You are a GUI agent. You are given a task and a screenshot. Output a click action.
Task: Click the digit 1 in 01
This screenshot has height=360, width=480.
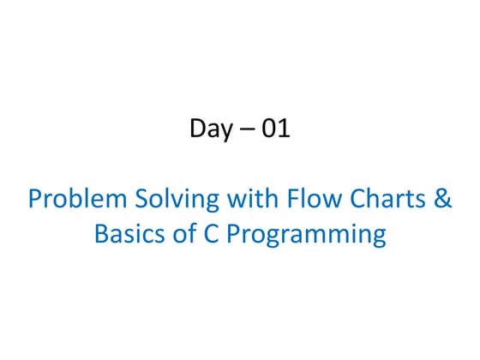[x=284, y=129]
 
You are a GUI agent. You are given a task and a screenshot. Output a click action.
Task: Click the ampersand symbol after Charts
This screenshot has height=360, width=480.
[x=442, y=199]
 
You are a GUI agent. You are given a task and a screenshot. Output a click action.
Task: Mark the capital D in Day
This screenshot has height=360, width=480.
[x=196, y=129]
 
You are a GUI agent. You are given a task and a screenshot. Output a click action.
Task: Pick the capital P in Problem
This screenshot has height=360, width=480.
[x=35, y=199]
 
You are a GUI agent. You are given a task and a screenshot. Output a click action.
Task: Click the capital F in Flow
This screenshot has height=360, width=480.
[x=288, y=199]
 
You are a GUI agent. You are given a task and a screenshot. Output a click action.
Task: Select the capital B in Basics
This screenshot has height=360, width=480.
[x=101, y=234]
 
